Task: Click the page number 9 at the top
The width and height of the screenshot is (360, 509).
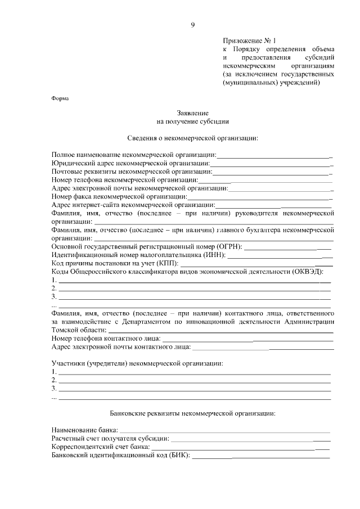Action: coord(193,25)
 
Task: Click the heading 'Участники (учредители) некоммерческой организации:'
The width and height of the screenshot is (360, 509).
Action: coord(137,363)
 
